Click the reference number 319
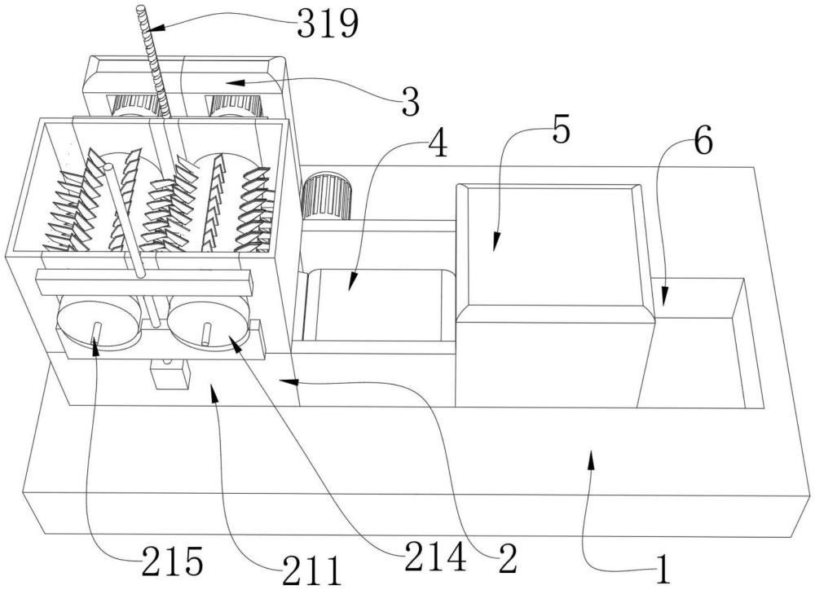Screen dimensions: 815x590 328,24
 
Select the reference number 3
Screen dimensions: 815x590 410,102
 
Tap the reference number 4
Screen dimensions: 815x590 437,143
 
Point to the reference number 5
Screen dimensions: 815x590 561,130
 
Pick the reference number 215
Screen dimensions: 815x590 172,562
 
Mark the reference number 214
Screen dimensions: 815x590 435,556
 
